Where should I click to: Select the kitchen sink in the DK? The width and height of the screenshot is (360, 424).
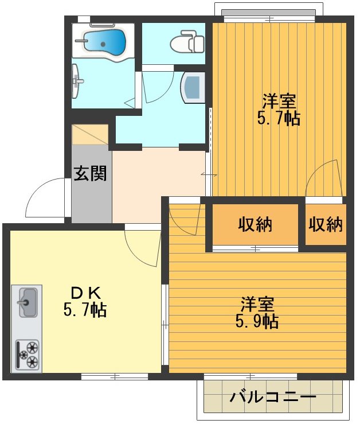26,302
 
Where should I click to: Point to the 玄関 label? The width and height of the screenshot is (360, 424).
91,173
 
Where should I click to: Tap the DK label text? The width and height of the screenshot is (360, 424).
84,293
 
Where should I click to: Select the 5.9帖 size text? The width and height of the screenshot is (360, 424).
257,321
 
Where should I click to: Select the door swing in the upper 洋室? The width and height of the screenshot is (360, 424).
324,178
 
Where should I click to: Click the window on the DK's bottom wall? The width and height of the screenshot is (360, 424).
115,376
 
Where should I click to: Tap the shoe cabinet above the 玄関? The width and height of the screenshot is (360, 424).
90,134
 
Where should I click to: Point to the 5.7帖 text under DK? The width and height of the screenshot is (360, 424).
84,310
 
